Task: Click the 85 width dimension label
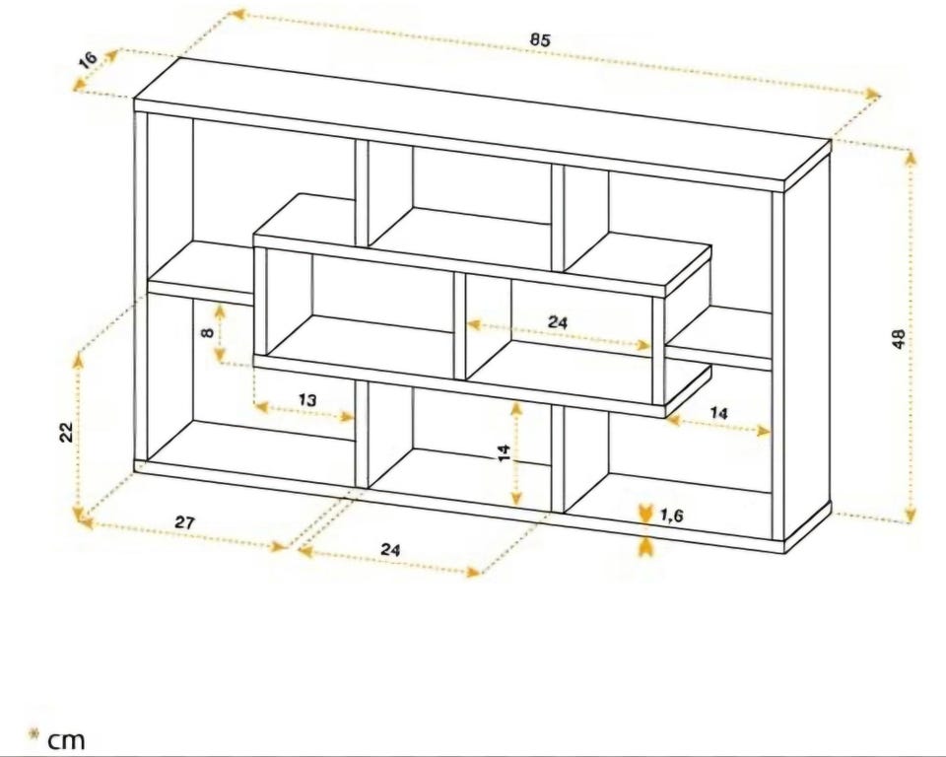[540, 39]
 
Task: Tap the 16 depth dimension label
[88, 60]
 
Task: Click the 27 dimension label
[184, 522]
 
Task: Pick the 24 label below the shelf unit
[390, 549]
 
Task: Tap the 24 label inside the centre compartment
[558, 321]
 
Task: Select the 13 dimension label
[306, 399]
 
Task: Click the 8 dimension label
[207, 331]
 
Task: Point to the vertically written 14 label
[505, 452]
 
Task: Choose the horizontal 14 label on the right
[718, 414]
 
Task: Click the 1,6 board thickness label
[671, 516]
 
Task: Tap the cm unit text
[66, 740]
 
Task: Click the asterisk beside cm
[34, 734]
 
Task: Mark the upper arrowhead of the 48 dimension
[911, 158]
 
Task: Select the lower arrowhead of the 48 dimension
[911, 515]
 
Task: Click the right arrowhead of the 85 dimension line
[872, 95]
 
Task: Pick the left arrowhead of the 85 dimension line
[238, 13]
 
